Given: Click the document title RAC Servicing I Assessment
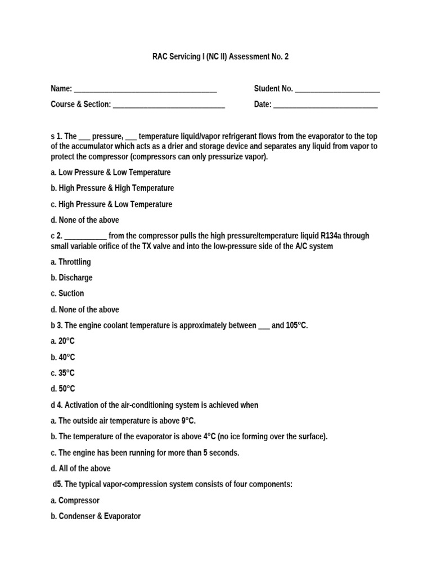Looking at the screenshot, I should tap(220, 57).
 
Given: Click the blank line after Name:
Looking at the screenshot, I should tap(145, 89).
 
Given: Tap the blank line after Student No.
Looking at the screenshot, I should tap(337, 89).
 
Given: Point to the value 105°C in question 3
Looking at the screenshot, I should tap(296, 326).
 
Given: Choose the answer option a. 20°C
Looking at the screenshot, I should tap(62, 341).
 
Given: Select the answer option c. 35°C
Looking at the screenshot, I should tap(62, 373).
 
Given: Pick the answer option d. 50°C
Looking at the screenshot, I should tap(62, 389).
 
